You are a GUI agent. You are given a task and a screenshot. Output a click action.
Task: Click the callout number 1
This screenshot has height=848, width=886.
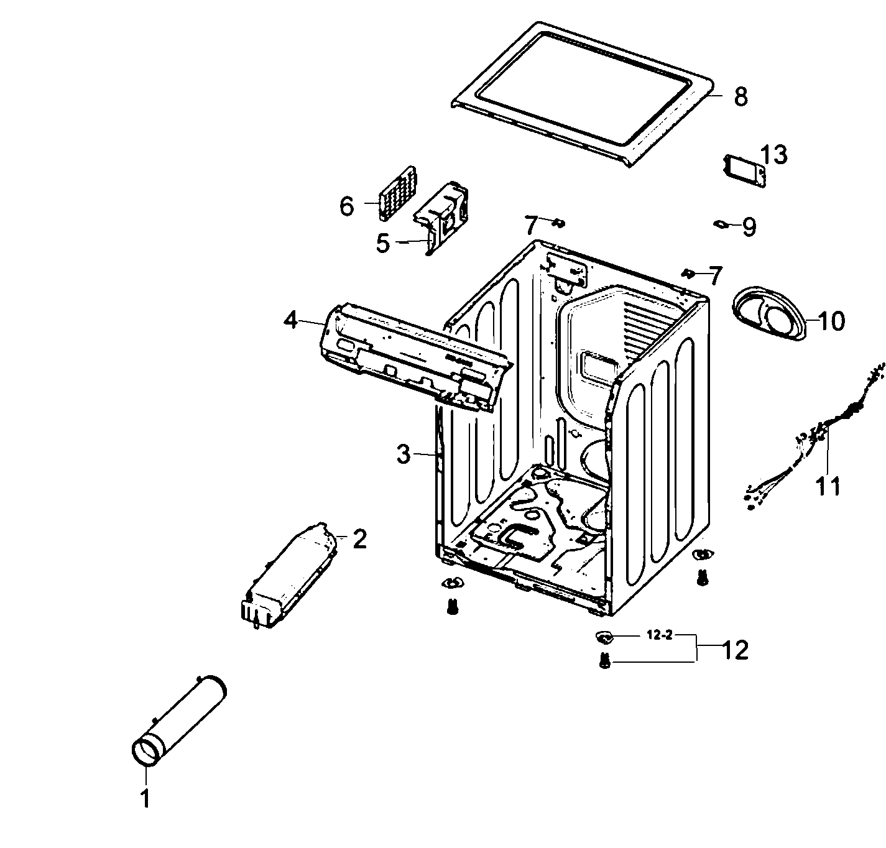[x=145, y=799]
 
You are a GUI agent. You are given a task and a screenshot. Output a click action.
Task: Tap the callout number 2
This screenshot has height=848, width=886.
[x=360, y=539]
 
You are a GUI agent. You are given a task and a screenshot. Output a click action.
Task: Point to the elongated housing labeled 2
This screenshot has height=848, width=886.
[x=289, y=575]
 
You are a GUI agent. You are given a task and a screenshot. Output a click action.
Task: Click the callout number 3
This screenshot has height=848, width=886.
[x=404, y=454]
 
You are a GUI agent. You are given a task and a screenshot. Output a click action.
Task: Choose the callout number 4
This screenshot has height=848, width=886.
[x=290, y=320]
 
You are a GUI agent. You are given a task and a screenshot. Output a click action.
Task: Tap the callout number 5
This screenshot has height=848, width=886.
[x=383, y=243]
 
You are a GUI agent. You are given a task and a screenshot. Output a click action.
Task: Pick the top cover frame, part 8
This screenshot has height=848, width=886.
[x=581, y=93]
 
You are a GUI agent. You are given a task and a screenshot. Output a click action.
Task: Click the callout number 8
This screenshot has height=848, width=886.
[x=740, y=96]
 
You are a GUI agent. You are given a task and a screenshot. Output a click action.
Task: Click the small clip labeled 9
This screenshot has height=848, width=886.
[x=721, y=224]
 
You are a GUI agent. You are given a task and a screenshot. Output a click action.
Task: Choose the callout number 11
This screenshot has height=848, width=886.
[x=828, y=486]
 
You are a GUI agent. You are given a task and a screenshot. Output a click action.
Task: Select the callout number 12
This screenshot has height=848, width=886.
[x=734, y=650]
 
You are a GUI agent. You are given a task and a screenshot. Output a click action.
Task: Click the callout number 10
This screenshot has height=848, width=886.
[x=831, y=321]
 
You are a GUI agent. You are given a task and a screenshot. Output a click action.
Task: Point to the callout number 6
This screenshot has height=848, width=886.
[x=347, y=206]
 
